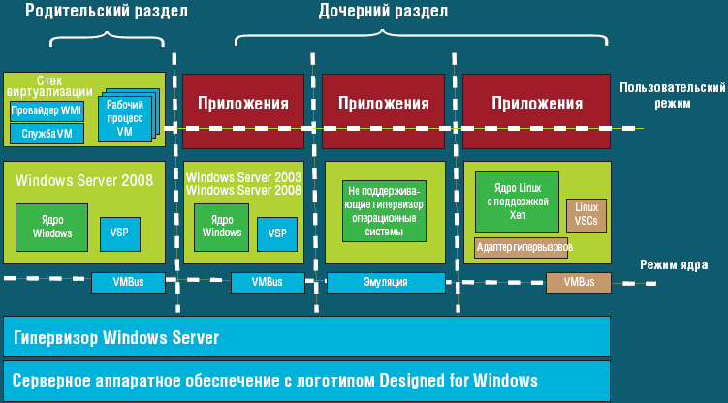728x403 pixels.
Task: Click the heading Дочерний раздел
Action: point(383,12)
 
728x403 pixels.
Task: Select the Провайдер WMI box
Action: point(47,111)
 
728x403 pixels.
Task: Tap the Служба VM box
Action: point(47,133)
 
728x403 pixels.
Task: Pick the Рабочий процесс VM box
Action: point(124,117)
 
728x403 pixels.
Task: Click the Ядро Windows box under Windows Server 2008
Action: point(51,226)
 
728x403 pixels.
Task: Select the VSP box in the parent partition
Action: point(119,232)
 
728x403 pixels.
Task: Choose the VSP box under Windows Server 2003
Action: point(276,232)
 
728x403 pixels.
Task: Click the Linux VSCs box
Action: point(586,214)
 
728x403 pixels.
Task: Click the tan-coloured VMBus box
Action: point(579,283)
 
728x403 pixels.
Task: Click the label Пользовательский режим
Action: point(673,94)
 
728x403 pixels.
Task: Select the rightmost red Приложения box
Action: point(537,103)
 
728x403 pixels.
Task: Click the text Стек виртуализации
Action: point(48,85)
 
